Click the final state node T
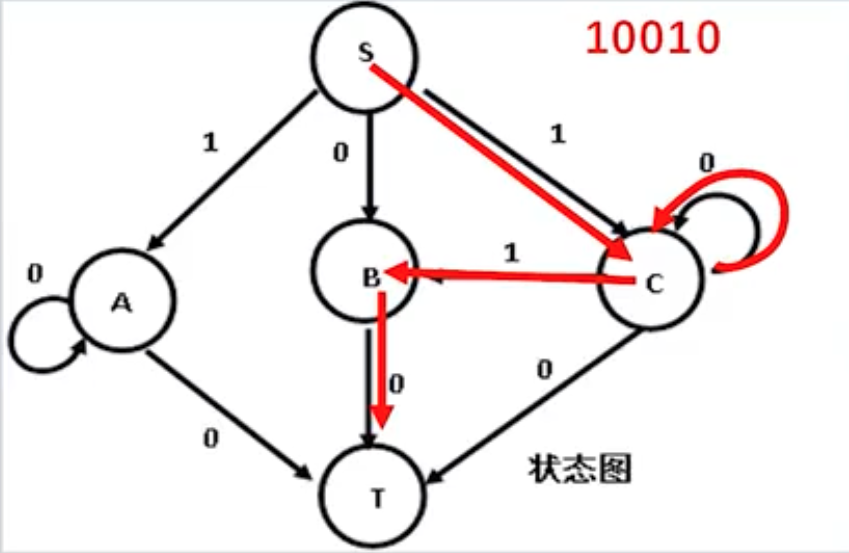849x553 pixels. [x=375, y=497]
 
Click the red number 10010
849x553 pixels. [x=652, y=39]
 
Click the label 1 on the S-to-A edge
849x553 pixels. [x=210, y=143]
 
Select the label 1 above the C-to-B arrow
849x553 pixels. [x=511, y=254]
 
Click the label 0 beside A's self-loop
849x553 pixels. [x=34, y=274]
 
